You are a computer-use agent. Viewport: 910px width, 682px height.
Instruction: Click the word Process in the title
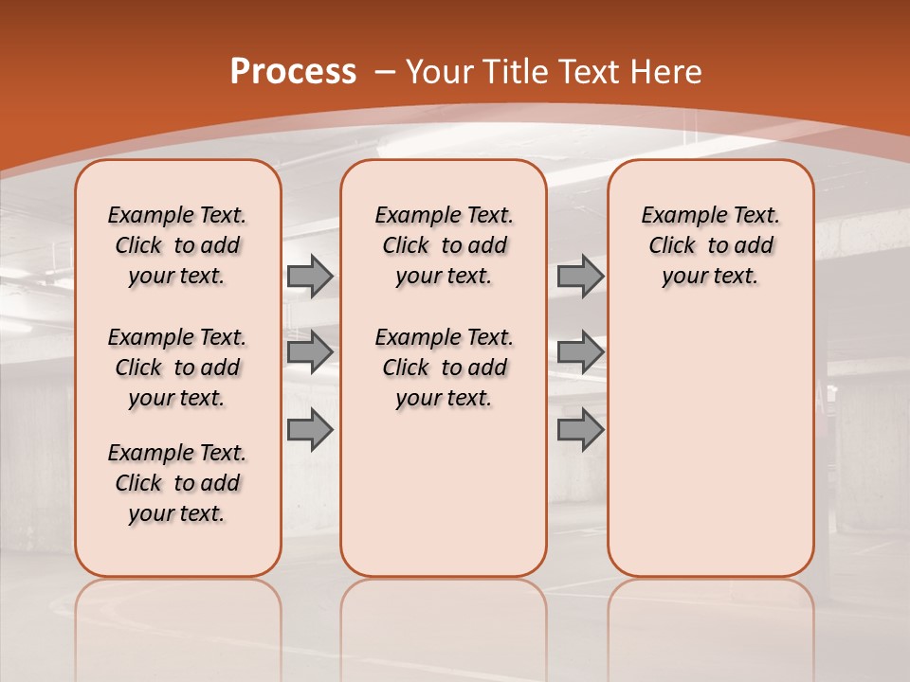tap(293, 72)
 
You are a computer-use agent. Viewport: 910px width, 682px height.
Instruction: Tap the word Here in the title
tap(665, 72)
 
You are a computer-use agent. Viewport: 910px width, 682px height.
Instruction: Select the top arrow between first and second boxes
tap(309, 277)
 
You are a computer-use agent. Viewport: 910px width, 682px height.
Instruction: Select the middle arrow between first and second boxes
tap(309, 352)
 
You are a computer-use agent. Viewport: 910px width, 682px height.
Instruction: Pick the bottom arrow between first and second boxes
tap(309, 429)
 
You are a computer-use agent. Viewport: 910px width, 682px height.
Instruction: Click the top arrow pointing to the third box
tap(580, 277)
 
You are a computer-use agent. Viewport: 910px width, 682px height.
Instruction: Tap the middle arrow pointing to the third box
tap(580, 352)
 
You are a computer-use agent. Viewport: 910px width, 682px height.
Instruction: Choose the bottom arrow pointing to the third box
tap(580, 429)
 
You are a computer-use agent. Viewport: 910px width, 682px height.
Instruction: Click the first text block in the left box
tap(177, 245)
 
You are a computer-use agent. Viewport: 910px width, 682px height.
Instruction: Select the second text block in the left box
tap(177, 368)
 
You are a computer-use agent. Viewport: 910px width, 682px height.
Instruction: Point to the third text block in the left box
tap(177, 483)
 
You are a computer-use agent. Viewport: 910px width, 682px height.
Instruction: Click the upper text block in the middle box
tap(444, 245)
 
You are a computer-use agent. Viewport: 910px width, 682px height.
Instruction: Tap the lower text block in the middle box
tap(444, 368)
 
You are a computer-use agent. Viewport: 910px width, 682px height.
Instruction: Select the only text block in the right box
tap(710, 245)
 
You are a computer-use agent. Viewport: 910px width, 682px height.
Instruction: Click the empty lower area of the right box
tap(710, 445)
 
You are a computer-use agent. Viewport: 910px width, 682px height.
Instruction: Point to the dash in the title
tap(385, 73)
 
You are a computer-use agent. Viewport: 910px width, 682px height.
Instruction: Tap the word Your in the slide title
tap(441, 72)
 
